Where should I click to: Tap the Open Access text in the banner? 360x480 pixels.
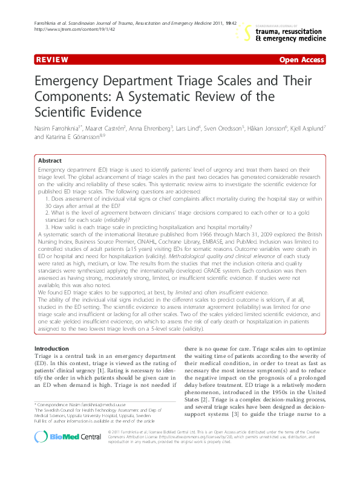coord(301,60)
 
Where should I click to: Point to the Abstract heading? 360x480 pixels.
coord(50,161)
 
